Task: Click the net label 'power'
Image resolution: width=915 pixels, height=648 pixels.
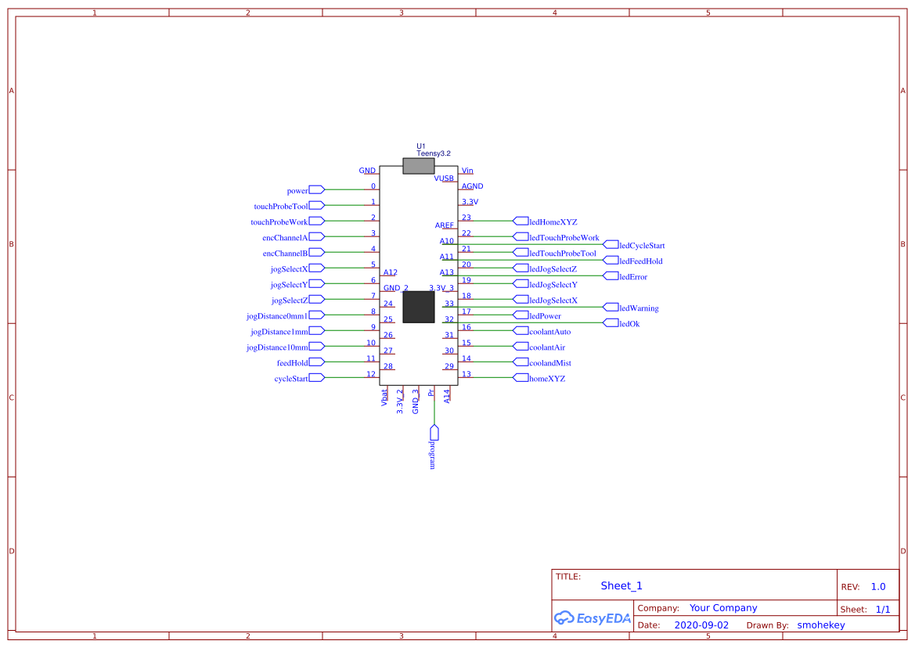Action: point(297,191)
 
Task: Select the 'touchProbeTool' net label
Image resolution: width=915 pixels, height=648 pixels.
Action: point(280,207)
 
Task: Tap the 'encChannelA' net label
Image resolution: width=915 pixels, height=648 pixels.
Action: point(285,238)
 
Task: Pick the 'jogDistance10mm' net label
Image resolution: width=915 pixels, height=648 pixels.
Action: point(277,347)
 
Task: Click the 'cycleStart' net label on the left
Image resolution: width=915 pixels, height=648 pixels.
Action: point(290,379)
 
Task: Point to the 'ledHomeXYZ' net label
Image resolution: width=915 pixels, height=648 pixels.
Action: point(553,222)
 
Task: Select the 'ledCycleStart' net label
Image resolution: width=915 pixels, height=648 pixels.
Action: point(641,246)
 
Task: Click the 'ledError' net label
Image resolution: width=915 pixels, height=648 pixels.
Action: point(632,277)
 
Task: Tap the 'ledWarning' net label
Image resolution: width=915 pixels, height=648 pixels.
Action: point(638,308)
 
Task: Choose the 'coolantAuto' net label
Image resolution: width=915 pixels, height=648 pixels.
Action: point(549,332)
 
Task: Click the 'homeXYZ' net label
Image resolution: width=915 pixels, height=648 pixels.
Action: point(546,379)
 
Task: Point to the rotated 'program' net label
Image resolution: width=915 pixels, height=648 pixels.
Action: point(433,454)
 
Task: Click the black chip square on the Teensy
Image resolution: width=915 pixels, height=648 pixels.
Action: point(418,306)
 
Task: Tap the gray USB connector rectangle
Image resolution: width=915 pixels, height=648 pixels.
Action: point(418,166)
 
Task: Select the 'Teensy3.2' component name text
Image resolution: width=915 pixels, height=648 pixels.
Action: point(434,154)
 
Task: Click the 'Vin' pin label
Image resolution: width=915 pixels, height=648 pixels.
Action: point(467,170)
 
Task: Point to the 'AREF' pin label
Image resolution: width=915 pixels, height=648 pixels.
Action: point(445,225)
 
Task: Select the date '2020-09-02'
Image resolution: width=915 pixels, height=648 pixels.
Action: point(701,625)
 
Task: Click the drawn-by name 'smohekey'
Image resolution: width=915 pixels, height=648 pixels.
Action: point(821,625)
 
